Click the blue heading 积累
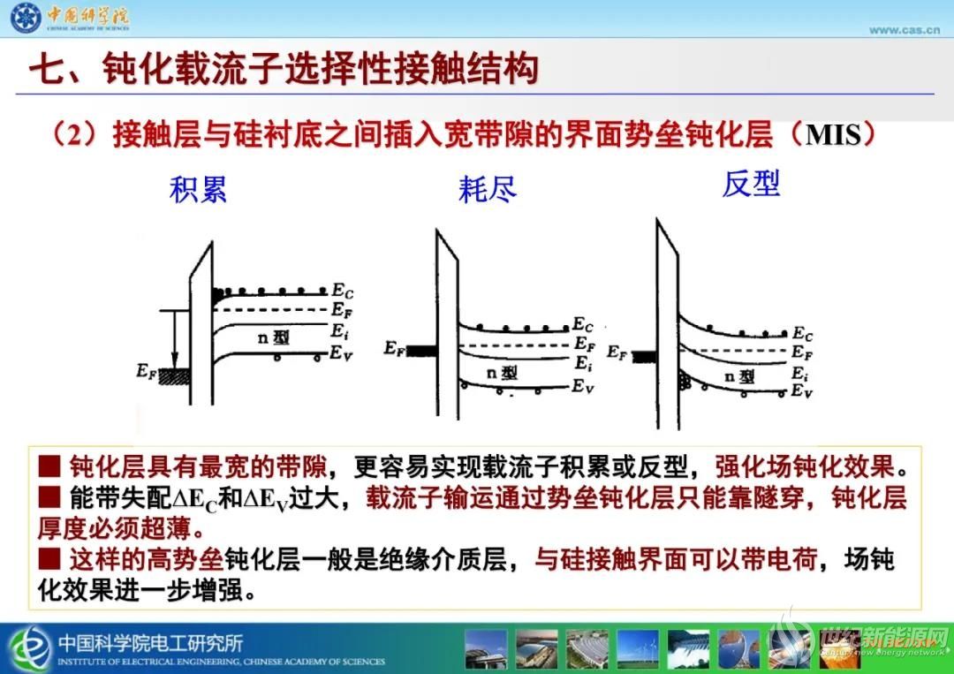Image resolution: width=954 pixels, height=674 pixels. (x=199, y=189)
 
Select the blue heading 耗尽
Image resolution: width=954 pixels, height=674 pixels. (x=488, y=188)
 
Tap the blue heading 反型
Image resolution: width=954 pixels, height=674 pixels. (x=751, y=184)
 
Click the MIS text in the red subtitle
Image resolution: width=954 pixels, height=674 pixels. (x=833, y=135)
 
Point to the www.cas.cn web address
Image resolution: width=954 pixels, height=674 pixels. (x=905, y=30)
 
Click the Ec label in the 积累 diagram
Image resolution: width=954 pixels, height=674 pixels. (x=343, y=291)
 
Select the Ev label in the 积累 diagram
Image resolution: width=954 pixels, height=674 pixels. (x=341, y=353)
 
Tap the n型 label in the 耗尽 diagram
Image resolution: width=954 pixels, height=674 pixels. (x=502, y=372)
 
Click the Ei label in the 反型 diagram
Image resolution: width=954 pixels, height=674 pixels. (x=799, y=373)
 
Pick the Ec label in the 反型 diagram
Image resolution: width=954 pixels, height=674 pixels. (x=802, y=334)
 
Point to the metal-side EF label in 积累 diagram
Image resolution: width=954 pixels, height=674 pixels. (x=146, y=370)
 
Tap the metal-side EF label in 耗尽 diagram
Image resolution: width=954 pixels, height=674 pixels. (x=394, y=348)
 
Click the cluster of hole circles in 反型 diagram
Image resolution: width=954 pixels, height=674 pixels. (x=685, y=382)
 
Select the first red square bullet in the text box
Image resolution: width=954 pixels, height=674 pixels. (x=49, y=466)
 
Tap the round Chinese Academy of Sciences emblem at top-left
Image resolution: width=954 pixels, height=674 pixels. (x=26, y=18)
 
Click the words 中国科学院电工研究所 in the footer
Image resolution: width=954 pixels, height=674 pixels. (x=150, y=642)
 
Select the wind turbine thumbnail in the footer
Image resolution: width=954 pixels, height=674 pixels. (x=637, y=649)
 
